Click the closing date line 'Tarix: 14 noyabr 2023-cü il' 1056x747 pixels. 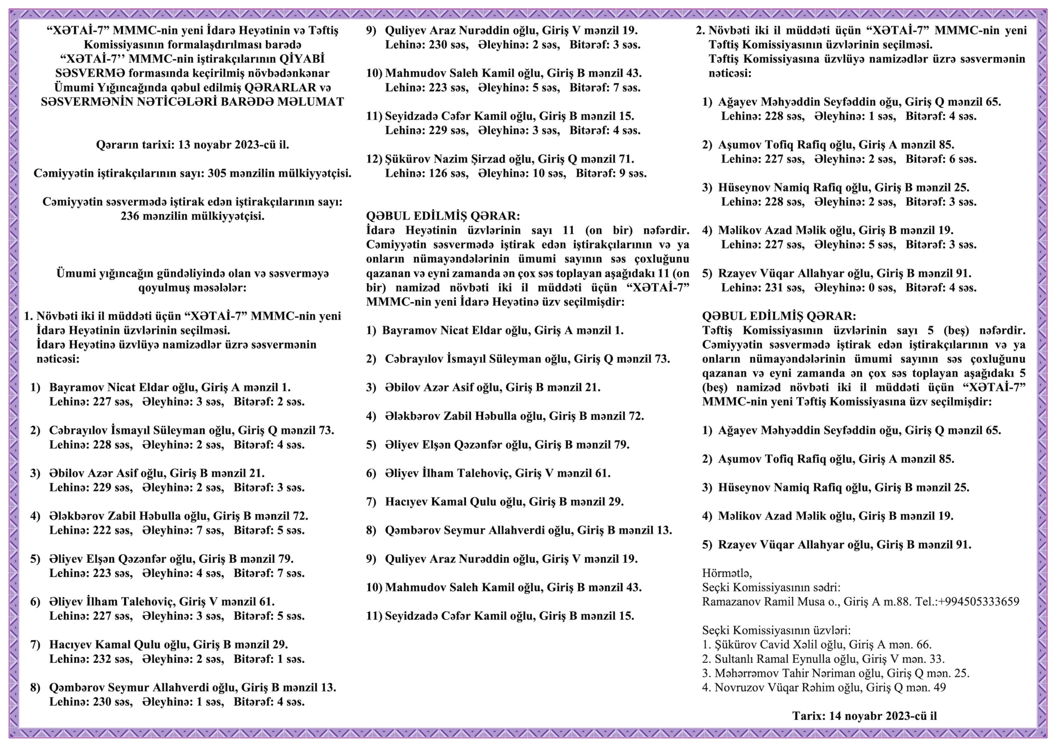pyautogui.click(x=864, y=716)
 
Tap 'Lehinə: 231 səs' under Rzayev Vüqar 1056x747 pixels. pyautogui.click(x=763, y=288)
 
